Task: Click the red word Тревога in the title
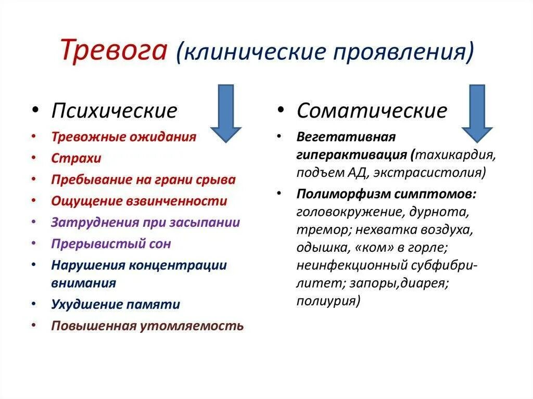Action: click(114, 50)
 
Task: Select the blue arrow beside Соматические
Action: click(476, 113)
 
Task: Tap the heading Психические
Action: click(114, 111)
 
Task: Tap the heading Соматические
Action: click(372, 111)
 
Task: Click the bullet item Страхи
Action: click(76, 158)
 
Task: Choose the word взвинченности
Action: click(184, 201)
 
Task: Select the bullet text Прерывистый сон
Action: click(111, 243)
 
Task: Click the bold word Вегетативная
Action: click(346, 137)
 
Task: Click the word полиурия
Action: click(328, 301)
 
